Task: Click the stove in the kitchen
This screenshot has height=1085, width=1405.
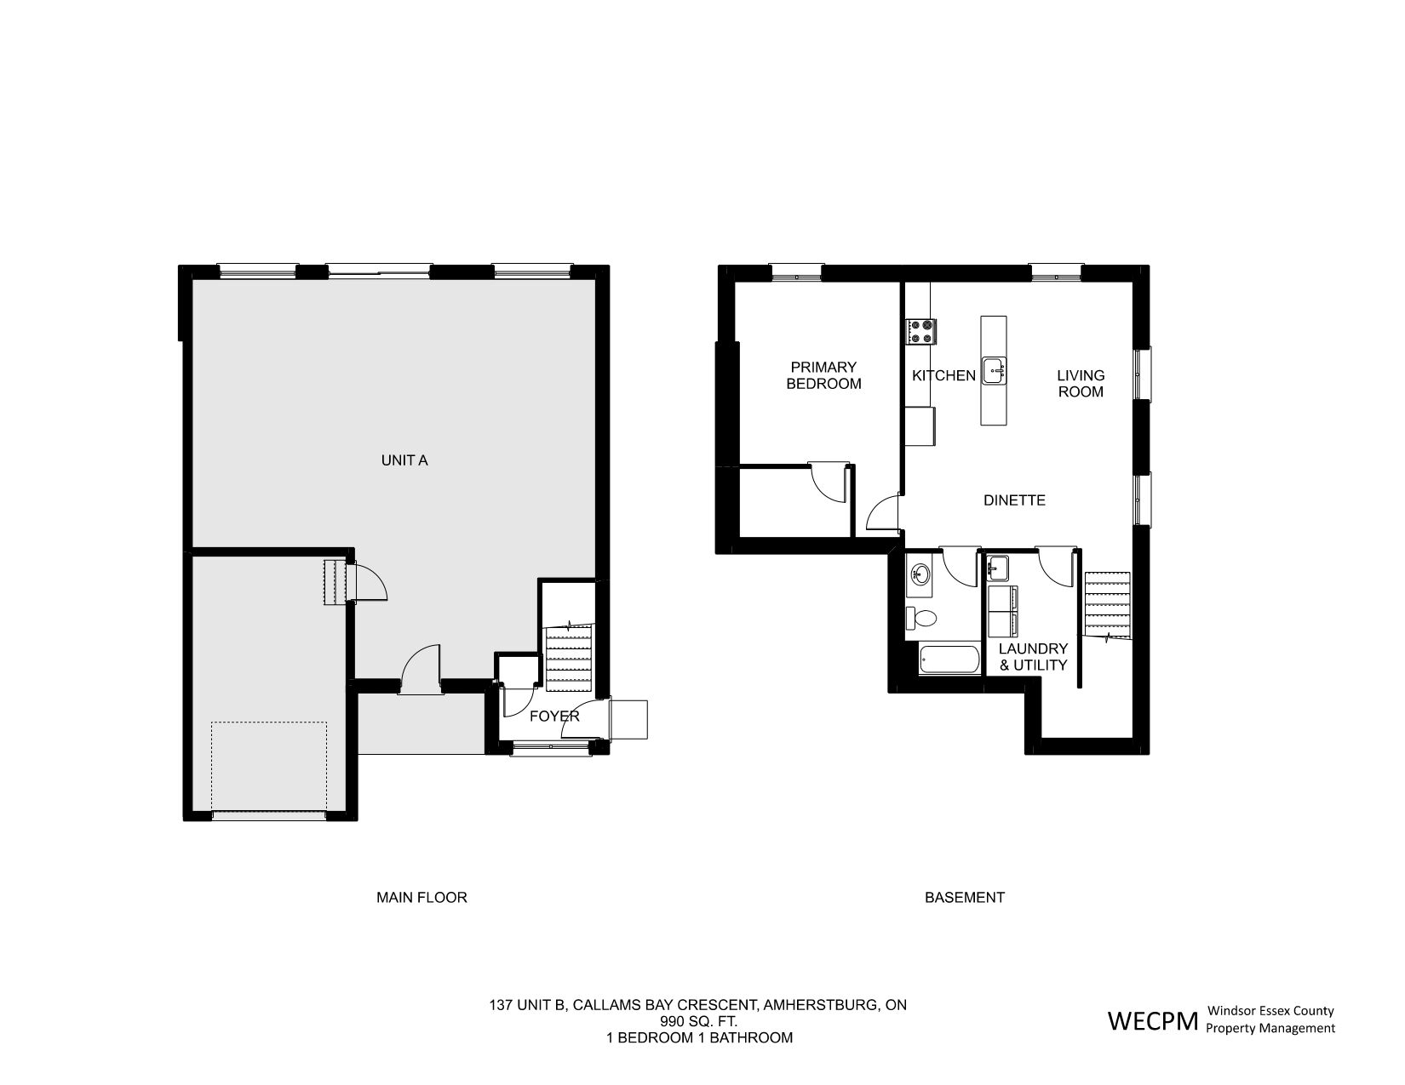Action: coord(920,332)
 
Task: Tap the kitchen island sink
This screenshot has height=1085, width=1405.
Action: coord(994,371)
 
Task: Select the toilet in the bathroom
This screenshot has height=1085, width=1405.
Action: coord(920,618)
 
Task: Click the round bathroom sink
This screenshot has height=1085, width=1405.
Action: coord(920,573)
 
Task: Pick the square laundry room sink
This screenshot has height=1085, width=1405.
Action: coord(998,568)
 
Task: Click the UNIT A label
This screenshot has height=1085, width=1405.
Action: coord(404,460)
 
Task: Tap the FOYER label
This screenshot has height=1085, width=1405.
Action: coord(554,716)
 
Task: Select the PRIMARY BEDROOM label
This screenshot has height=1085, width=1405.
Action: coord(823,375)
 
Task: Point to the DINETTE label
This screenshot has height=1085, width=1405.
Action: coord(1014,500)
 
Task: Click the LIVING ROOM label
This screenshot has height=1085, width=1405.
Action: coord(1081,383)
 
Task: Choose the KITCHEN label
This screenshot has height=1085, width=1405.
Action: coord(943,375)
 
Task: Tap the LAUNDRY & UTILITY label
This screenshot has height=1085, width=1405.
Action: coord(1033,657)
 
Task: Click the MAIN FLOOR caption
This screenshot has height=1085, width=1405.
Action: coord(421,898)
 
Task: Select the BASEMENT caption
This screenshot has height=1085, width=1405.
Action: coord(965,898)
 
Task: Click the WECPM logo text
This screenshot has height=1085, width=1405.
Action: coord(1153,1021)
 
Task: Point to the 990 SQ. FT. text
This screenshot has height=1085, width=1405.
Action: coord(698,1022)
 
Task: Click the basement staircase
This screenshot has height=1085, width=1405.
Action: coord(1107,605)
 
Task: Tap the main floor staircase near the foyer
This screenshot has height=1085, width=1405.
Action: coord(569,658)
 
